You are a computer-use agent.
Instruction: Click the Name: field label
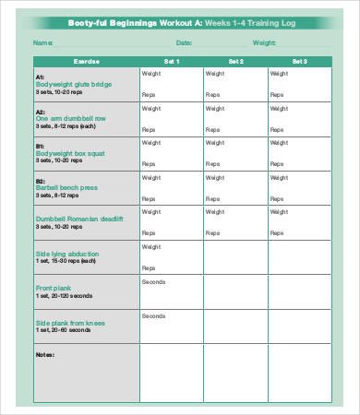click(42, 42)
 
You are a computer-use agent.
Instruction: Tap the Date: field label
click(184, 42)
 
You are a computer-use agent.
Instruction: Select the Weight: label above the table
click(264, 42)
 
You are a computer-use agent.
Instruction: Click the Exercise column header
click(85, 61)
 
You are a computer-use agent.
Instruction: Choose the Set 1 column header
click(171, 61)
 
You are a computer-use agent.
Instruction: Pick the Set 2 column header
click(235, 61)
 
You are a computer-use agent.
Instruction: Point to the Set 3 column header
click(299, 61)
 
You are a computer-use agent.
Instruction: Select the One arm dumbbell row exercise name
click(72, 118)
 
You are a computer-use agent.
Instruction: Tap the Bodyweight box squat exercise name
click(73, 151)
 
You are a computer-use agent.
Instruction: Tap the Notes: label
click(45, 353)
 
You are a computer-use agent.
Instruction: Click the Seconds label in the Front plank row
click(153, 281)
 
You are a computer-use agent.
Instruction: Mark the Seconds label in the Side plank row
click(153, 315)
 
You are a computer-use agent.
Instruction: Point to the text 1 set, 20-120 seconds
click(65, 296)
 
